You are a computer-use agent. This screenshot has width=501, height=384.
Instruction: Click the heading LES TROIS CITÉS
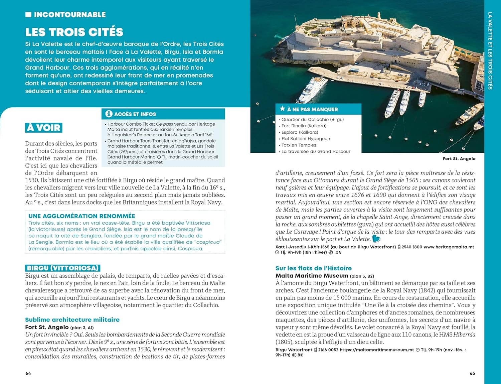click(x=74, y=32)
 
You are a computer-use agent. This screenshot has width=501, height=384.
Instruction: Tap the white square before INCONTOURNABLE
click(x=28, y=15)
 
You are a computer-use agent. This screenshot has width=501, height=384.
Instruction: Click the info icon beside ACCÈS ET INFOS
click(x=109, y=114)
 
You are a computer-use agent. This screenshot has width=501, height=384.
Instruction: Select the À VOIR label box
click(x=44, y=128)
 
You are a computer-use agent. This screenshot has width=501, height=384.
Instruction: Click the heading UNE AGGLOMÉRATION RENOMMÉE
click(x=82, y=216)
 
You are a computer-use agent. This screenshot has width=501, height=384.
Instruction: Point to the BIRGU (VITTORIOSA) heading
click(x=63, y=268)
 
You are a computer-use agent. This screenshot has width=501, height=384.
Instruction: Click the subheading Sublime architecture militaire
click(x=72, y=319)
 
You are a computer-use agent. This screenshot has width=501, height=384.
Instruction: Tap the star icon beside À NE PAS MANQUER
click(x=282, y=109)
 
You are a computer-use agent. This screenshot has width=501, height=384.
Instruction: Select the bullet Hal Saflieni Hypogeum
click(x=306, y=139)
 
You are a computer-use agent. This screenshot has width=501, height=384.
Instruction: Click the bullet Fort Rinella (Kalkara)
click(x=304, y=126)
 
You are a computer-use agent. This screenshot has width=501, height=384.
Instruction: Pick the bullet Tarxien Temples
click(x=299, y=145)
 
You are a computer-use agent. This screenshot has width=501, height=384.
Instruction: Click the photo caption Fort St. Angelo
click(x=459, y=159)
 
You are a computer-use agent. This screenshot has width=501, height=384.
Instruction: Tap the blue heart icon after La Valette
click(x=376, y=239)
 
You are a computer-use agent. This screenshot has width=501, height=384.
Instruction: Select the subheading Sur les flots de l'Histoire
click(x=313, y=268)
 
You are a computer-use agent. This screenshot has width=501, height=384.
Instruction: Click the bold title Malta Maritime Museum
click(x=312, y=276)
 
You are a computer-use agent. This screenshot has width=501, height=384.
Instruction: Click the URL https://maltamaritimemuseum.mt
click(x=377, y=350)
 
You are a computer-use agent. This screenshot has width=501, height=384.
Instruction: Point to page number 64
click(x=28, y=373)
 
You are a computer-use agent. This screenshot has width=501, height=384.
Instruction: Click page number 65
click(x=472, y=373)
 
